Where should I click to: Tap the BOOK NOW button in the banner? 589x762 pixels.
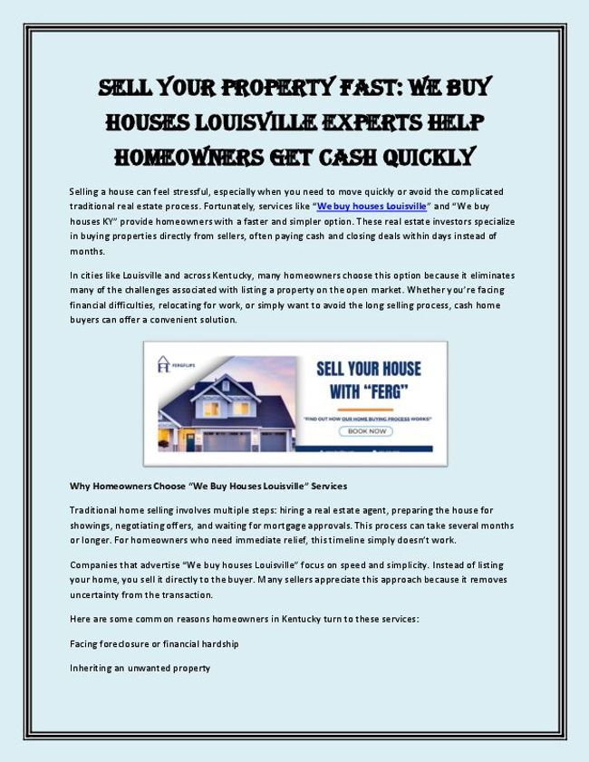tap(367, 431)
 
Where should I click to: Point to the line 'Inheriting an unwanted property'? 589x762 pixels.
tap(140, 668)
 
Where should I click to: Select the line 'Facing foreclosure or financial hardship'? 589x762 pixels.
tap(154, 643)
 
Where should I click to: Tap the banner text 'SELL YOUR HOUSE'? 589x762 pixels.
tap(368, 369)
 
